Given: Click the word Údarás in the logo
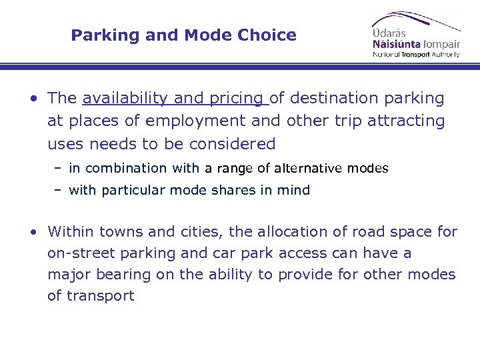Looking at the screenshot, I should pyautogui.click(x=389, y=33).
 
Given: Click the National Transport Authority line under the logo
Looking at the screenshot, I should pyautogui.click(x=416, y=55).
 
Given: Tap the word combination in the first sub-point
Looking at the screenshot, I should pyautogui.click(x=127, y=169).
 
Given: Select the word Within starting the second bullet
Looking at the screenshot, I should pyautogui.click(x=71, y=232).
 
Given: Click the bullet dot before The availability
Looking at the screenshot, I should pyautogui.click(x=32, y=99).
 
